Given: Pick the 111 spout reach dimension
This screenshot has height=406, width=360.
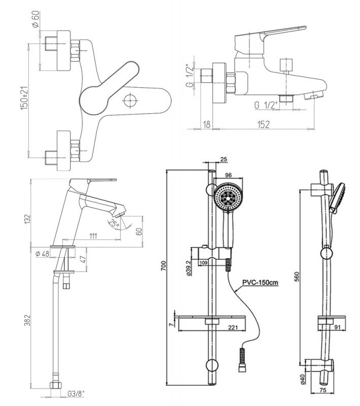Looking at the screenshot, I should click(x=93, y=235).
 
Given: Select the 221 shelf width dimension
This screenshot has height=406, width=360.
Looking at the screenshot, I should click(x=232, y=328).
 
